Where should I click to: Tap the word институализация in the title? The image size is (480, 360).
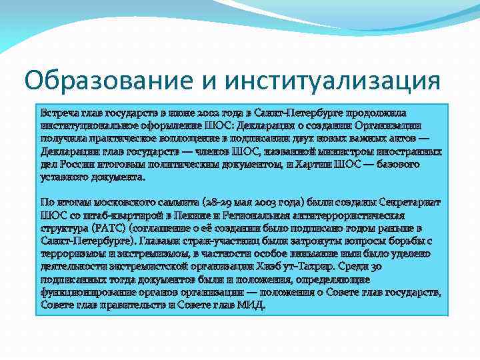click(x=333, y=81)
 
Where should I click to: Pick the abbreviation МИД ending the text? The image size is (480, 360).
click(x=253, y=305)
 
